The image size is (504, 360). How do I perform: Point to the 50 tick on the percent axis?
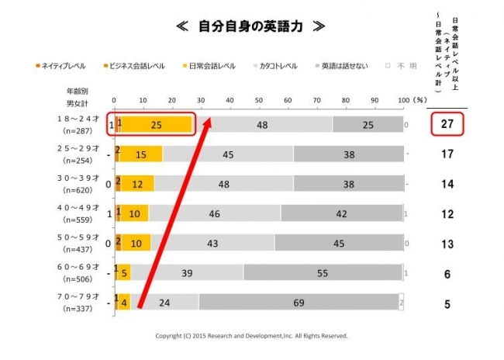259,101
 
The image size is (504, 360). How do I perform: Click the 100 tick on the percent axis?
401,101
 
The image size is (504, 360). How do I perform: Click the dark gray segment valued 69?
298,303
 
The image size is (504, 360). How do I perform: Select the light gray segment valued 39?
187,273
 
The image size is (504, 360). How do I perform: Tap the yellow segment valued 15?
140,154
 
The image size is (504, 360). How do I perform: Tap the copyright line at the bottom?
252,337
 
